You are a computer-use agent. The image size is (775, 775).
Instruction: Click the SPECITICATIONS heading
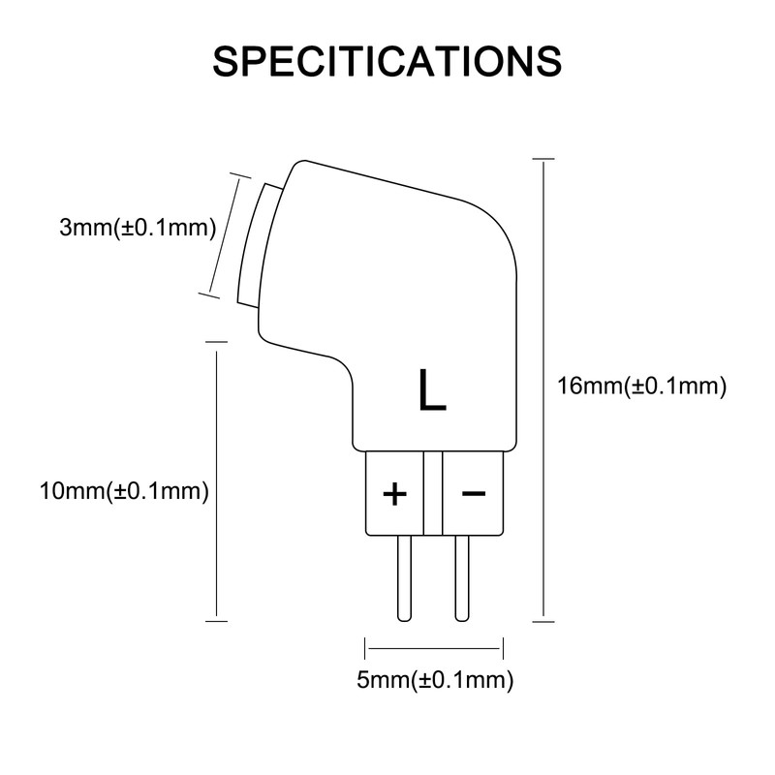(x=387, y=60)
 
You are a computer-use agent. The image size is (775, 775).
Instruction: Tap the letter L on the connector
(x=432, y=389)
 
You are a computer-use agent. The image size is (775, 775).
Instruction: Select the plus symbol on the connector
(x=394, y=494)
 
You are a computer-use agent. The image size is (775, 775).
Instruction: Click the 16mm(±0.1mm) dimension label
(x=642, y=387)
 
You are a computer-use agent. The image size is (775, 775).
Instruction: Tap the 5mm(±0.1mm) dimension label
(x=435, y=680)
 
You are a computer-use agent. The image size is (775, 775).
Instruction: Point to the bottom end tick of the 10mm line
(x=216, y=621)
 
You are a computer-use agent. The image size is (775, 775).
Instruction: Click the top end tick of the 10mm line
(x=216, y=341)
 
